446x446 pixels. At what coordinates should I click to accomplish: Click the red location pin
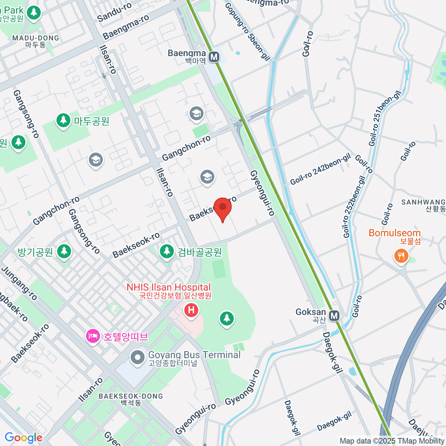click(222, 208)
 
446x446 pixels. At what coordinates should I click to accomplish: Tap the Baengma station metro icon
click(214, 57)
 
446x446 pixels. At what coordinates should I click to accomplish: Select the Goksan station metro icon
click(334, 316)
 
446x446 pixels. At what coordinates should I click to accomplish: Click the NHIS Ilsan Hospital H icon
click(191, 310)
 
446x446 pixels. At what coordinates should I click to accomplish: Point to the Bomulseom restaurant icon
click(401, 256)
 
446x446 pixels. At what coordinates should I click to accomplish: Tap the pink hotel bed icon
click(92, 336)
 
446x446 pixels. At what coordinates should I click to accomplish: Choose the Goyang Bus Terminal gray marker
click(138, 358)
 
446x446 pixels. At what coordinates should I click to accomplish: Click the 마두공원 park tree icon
click(64, 120)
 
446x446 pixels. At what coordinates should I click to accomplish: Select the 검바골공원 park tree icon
click(167, 251)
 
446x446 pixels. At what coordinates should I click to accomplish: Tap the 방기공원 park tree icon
click(64, 251)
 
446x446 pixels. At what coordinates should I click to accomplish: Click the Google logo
click(23, 438)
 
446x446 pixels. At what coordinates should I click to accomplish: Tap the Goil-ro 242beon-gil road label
click(320, 169)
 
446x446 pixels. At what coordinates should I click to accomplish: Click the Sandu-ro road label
click(114, 12)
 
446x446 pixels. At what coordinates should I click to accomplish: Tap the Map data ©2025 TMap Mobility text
click(392, 441)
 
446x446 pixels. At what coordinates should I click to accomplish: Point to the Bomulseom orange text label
click(395, 233)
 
